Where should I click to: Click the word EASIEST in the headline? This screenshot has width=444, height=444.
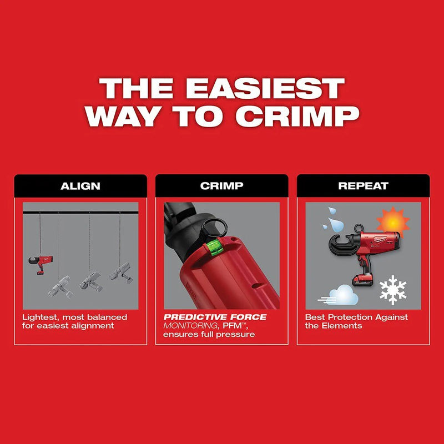coord(265,89)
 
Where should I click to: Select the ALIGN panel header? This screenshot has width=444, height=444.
coord(80,186)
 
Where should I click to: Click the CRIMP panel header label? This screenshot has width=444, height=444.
coord(221,186)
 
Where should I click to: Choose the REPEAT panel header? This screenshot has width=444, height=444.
coord(363,186)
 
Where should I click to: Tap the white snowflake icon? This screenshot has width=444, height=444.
coord(392,289)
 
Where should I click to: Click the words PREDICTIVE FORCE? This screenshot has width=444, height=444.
coord(215,317)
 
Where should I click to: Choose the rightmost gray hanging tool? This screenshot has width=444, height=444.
coord(119,272)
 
